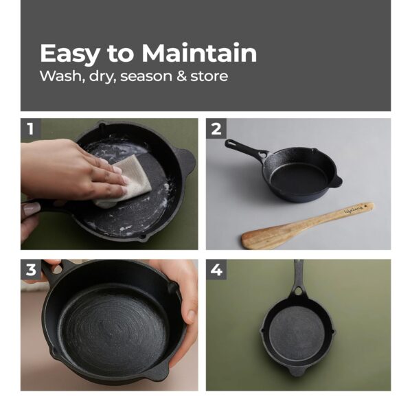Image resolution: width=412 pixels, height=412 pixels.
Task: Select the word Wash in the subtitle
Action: (58, 76)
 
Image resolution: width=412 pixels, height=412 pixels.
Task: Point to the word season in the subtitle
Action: (146, 76)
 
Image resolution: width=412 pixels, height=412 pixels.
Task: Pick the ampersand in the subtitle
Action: (181, 76)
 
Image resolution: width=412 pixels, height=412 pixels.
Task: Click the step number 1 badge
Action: (30, 128)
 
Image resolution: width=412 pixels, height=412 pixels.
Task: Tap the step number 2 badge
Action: (216, 128)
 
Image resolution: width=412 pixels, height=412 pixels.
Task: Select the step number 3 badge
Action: (30, 269)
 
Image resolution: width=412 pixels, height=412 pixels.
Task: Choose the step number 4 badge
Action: (216, 269)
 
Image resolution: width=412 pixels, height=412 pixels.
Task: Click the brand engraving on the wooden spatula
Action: (356, 209)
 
